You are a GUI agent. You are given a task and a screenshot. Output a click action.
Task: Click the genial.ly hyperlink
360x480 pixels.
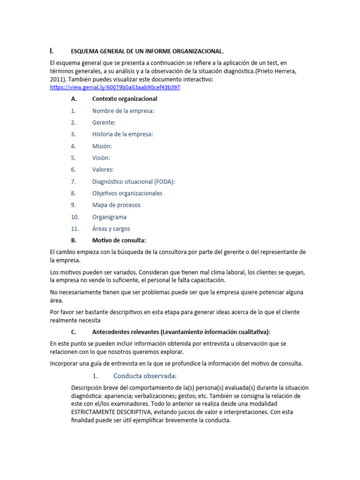tap(115, 87)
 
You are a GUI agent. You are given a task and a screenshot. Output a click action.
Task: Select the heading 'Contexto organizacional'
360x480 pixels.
tap(125, 99)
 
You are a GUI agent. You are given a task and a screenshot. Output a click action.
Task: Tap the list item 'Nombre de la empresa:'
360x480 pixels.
tap(123, 111)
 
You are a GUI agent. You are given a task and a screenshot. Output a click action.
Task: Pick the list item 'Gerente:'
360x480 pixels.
tap(104, 122)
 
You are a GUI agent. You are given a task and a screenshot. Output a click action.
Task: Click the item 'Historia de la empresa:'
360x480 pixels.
tap(122, 134)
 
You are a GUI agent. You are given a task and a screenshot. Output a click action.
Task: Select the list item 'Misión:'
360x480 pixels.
tap(102, 146)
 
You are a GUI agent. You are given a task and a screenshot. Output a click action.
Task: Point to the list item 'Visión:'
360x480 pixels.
tap(101, 158)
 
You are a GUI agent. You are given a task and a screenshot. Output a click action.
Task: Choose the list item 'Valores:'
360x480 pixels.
tap(103, 170)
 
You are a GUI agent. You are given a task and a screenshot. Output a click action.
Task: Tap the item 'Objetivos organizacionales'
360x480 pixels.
tap(127, 193)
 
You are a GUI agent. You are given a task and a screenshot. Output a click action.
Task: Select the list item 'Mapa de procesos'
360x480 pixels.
tap(116, 205)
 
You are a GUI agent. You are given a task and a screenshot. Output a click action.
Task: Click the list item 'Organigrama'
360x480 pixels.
tap(109, 217)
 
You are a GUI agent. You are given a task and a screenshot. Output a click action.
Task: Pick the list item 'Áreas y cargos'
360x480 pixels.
tap(111, 229)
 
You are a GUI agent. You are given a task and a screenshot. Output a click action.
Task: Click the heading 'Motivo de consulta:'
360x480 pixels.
tap(119, 240)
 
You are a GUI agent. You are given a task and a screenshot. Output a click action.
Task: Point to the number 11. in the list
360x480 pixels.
tap(75, 229)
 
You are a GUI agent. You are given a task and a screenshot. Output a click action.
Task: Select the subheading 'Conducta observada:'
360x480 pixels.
tap(145, 376)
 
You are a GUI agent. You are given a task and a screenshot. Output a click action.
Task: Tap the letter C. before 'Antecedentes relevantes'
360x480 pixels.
tap(74, 332)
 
